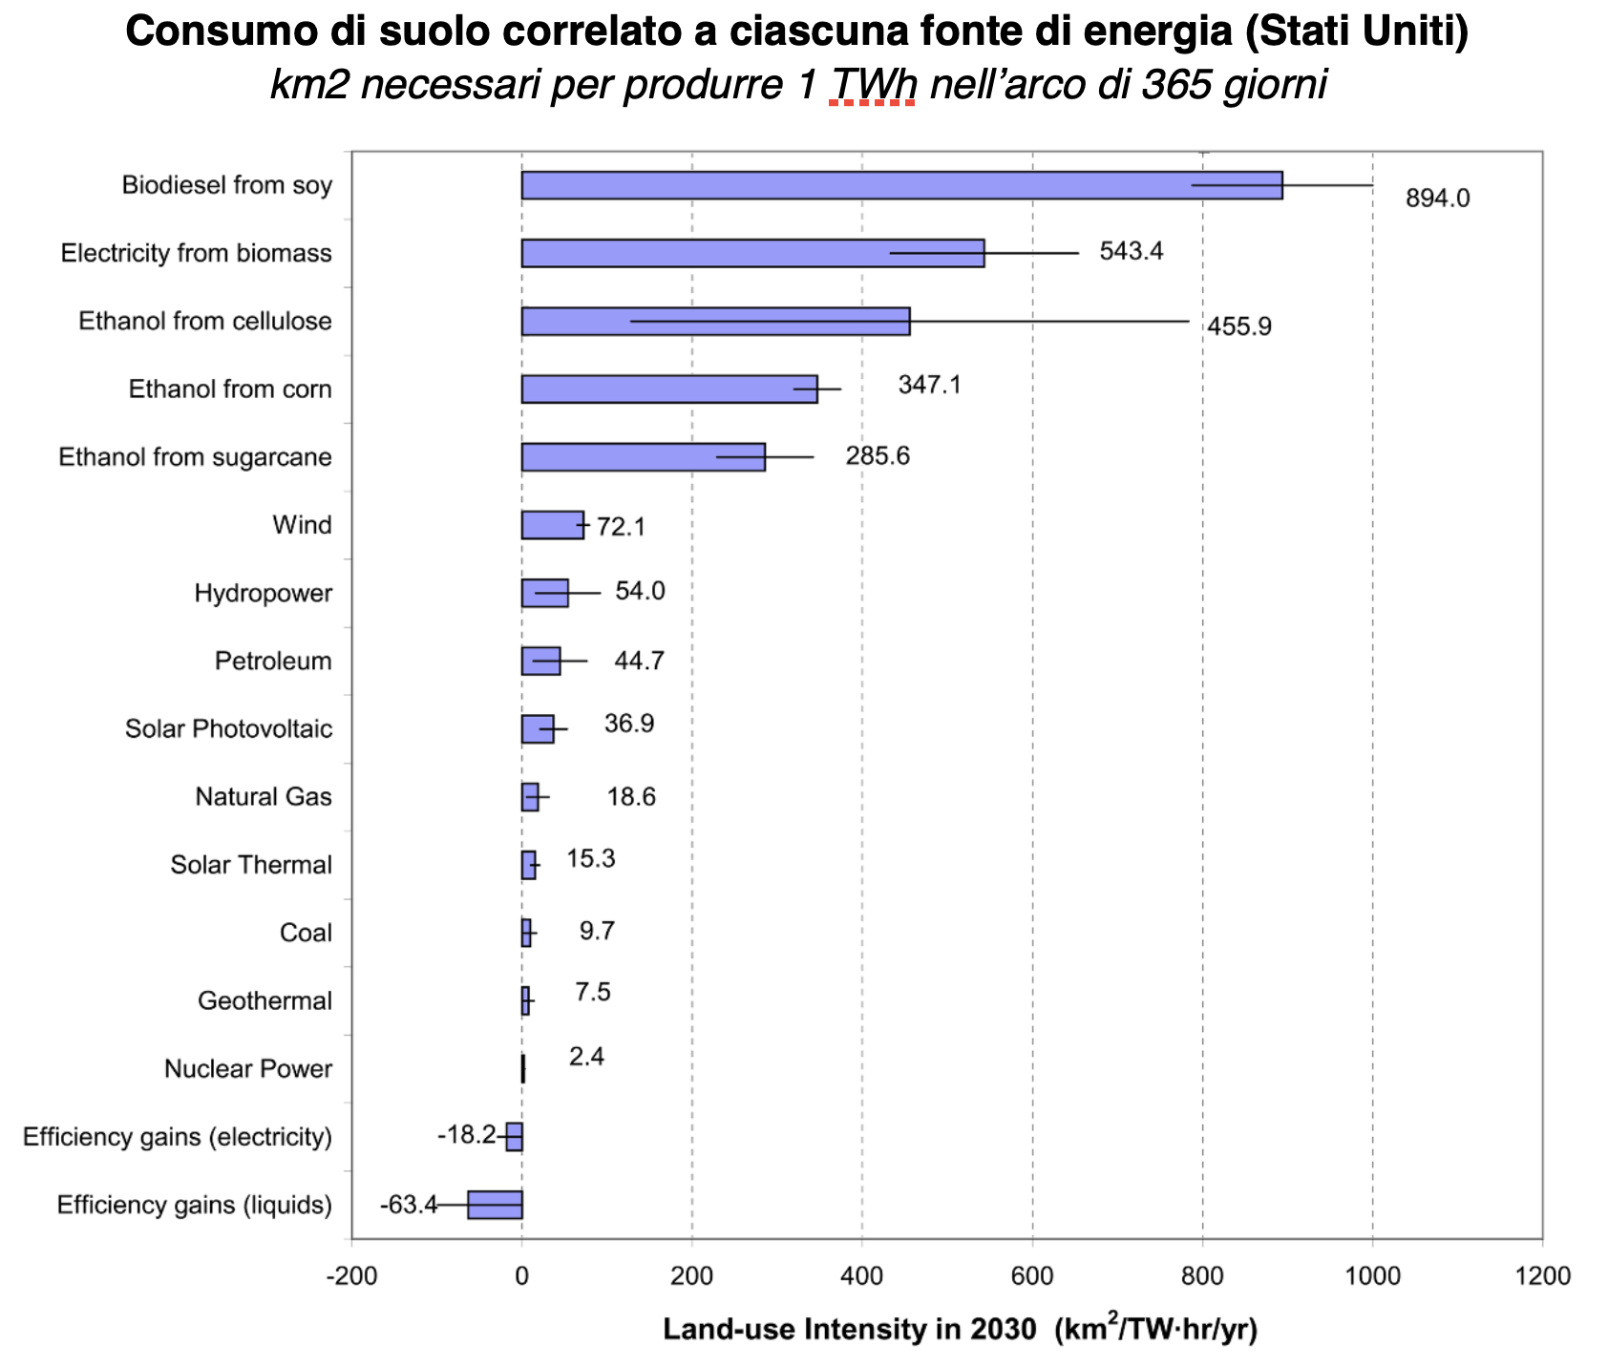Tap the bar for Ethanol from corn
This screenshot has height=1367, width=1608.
(669, 389)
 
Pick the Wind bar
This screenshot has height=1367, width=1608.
(552, 525)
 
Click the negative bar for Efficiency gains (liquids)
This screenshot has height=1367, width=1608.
(495, 1205)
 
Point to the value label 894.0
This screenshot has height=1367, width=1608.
(1437, 199)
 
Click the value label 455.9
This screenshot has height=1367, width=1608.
(1238, 326)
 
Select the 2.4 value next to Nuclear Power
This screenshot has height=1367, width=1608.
(586, 1057)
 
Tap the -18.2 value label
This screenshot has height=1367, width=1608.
(467, 1135)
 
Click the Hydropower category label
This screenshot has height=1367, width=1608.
(264, 594)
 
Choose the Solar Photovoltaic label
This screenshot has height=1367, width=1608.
(229, 729)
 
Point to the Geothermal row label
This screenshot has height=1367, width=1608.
(264, 1001)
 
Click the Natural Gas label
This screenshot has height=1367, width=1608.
(264, 797)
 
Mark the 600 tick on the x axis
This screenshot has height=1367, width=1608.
(1032, 1276)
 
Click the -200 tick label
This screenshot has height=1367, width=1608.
(351, 1276)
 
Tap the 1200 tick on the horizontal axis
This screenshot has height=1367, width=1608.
(1542, 1276)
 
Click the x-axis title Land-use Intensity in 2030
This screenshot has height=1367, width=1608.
(849, 1329)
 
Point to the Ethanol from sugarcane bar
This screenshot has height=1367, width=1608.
(643, 457)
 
